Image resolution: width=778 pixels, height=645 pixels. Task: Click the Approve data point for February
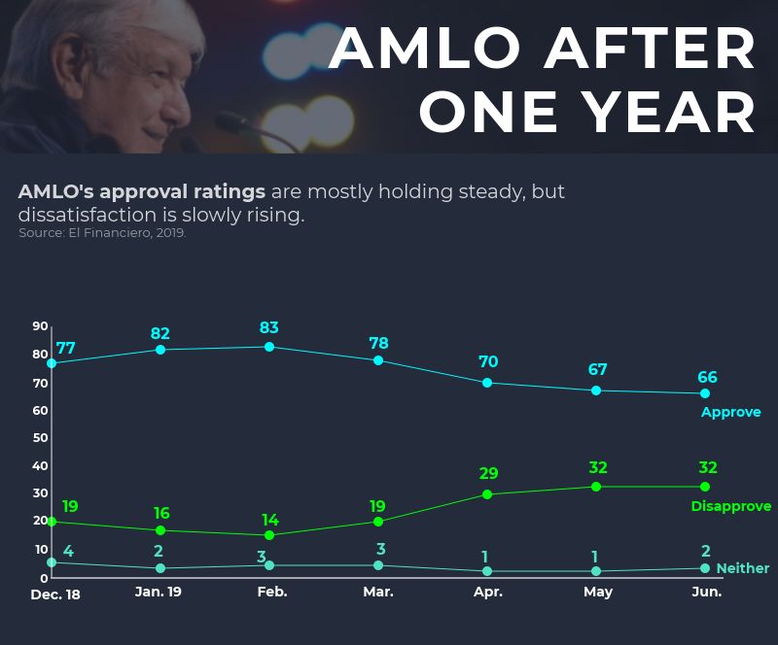point(269,347)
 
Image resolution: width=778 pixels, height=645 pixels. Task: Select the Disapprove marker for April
point(487,494)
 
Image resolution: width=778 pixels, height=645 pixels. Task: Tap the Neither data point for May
point(596,571)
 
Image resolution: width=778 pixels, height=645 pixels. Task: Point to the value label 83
point(269,328)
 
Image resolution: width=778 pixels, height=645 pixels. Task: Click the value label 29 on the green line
point(488,474)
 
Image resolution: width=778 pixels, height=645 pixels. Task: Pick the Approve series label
point(730,413)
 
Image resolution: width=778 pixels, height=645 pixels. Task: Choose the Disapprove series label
point(730,506)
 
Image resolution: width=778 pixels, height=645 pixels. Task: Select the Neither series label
point(742,568)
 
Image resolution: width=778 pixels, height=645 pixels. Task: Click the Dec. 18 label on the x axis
point(55,594)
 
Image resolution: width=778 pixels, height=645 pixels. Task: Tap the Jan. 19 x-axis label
point(159,592)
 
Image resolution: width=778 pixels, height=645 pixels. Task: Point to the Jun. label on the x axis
point(707,592)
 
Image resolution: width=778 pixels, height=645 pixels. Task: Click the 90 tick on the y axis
point(40,326)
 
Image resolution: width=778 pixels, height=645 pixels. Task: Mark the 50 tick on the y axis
point(40,438)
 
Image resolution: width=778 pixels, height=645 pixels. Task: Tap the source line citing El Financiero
point(102,233)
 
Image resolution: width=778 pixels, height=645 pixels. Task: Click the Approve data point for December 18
point(52,363)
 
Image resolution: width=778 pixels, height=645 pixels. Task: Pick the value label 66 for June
point(707,377)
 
